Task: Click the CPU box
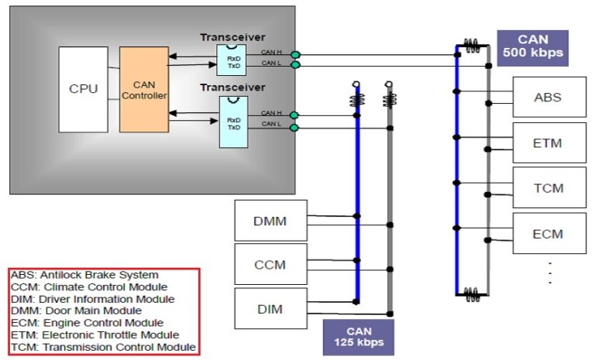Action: [83, 88]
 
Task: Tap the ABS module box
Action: [549, 98]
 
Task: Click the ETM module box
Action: [549, 142]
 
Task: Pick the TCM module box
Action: [549, 188]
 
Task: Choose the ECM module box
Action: [549, 234]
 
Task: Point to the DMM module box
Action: [270, 221]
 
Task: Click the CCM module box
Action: [270, 265]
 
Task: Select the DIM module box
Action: [270, 309]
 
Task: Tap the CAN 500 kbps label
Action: [533, 46]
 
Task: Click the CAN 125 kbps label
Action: [358, 337]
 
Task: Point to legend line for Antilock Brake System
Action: [84, 275]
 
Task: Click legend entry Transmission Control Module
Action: [102, 347]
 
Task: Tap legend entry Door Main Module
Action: [77, 310]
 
